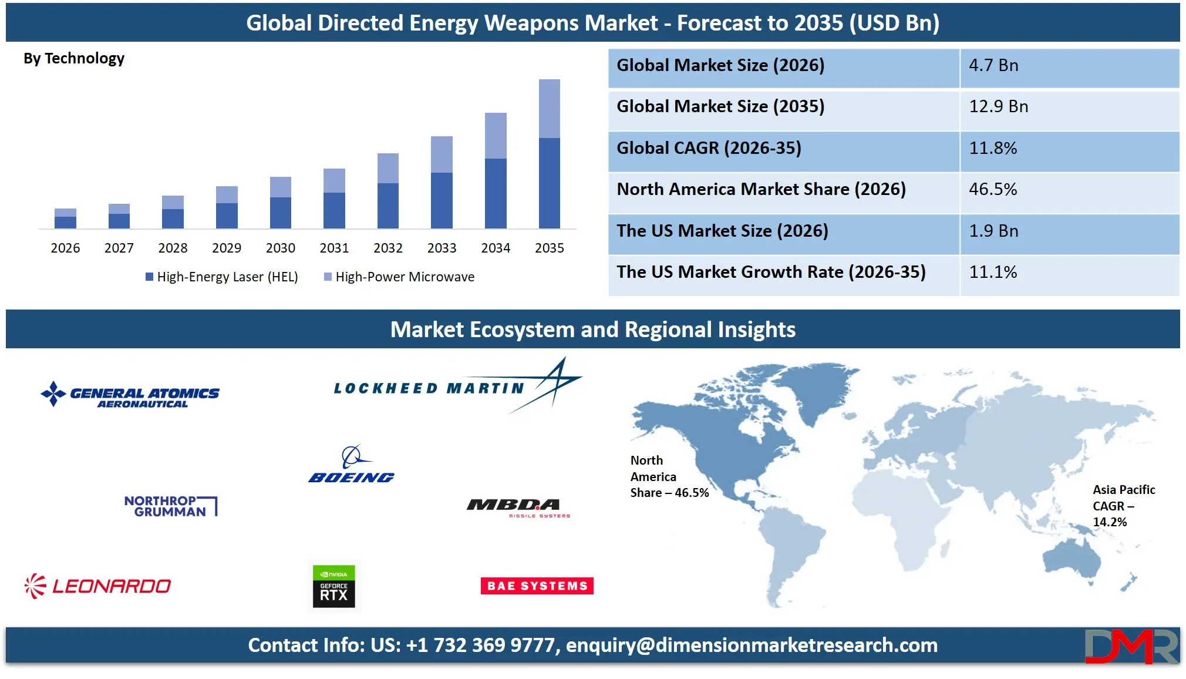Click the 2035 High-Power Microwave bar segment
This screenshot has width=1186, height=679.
click(x=549, y=108)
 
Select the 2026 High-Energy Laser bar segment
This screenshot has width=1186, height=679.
click(x=65, y=222)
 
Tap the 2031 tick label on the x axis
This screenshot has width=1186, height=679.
click(x=334, y=248)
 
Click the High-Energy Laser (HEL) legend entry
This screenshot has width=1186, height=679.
click(x=222, y=277)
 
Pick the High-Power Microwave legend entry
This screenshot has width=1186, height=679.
click(x=399, y=277)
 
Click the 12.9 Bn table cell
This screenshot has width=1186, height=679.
click(x=998, y=107)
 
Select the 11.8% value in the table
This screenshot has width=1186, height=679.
click(x=993, y=148)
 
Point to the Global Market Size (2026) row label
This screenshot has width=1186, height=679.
click(x=720, y=65)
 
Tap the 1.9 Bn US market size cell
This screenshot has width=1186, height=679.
click(x=993, y=231)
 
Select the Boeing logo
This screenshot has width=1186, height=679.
click(x=351, y=466)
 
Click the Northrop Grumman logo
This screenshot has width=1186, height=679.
click(x=170, y=506)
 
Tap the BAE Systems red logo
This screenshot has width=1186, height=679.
click(x=537, y=586)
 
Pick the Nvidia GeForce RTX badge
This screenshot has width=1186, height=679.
click(x=333, y=586)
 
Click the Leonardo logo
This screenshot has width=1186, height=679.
click(x=98, y=586)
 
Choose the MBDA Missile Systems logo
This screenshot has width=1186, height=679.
click(x=517, y=507)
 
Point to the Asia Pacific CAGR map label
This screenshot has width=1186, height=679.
click(x=1123, y=506)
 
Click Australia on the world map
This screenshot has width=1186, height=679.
click(x=1072, y=558)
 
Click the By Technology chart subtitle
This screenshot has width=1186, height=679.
click(x=74, y=59)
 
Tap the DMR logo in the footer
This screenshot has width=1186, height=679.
click(x=1131, y=647)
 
